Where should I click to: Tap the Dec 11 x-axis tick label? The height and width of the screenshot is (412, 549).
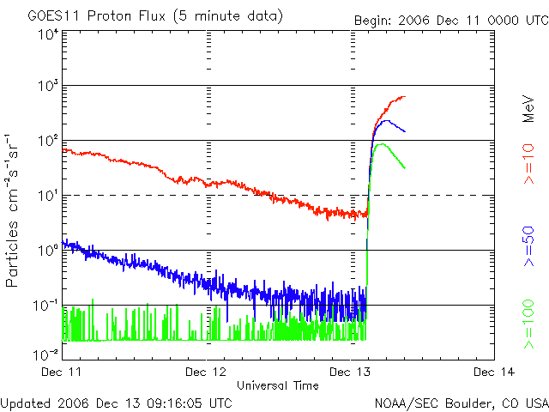(x=63, y=372)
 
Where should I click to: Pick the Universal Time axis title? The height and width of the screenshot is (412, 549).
(x=277, y=385)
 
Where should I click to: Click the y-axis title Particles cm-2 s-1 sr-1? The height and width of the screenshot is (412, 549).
(x=15, y=211)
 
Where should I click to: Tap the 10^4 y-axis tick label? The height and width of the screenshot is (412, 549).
(x=46, y=34)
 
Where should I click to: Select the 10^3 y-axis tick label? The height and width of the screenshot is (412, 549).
(x=46, y=87)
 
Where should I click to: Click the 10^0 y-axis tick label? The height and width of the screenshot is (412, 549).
(x=46, y=251)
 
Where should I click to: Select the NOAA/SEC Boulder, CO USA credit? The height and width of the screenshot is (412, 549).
(x=461, y=402)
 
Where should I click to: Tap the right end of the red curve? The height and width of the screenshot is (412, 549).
(x=405, y=97)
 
